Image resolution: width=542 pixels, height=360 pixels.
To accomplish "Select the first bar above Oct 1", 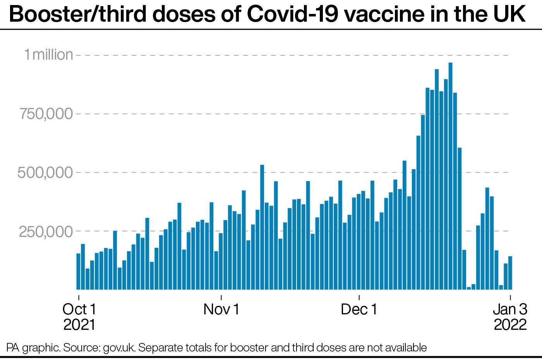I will tap(78, 271).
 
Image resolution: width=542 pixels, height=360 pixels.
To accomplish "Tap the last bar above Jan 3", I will tap(510, 273).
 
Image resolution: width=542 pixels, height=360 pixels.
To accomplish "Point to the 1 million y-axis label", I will tap(48, 55).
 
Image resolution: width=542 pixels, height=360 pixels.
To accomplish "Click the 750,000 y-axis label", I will tap(45, 114).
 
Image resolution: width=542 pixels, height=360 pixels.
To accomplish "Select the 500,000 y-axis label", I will tap(45, 173).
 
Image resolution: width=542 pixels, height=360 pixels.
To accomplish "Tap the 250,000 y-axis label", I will tap(45, 231).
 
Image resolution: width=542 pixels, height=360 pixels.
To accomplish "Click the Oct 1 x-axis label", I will tap(79, 309).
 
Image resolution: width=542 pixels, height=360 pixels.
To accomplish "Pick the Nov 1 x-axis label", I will tap(221, 309).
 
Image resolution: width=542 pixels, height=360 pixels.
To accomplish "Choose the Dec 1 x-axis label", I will tap(359, 309).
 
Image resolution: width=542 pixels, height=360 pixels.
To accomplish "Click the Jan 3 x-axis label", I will tap(510, 309).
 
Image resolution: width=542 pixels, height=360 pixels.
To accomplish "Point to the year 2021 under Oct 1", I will tap(79, 324).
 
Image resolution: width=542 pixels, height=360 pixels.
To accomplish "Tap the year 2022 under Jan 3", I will tap(510, 324).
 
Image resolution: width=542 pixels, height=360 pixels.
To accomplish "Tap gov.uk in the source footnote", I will tap(119, 347).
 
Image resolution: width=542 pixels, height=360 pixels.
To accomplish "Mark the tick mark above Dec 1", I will tap(359, 298).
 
